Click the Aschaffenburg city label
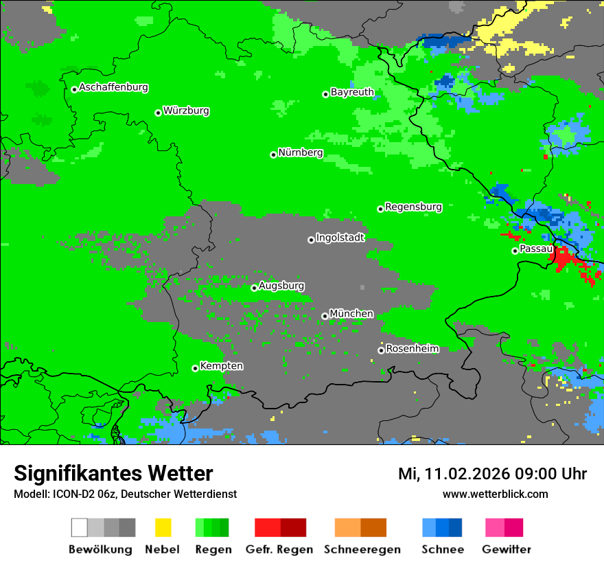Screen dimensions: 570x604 [x=113, y=88]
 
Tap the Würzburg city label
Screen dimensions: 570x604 [x=186, y=111]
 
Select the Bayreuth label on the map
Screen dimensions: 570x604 [x=352, y=92]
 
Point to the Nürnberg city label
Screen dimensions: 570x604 [x=301, y=153]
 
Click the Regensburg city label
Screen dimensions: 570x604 [x=413, y=207]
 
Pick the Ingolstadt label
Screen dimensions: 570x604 [x=340, y=238]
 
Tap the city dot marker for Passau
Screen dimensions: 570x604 [x=515, y=251]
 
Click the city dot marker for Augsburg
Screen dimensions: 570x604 [x=254, y=288]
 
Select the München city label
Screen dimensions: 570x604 [x=351, y=314]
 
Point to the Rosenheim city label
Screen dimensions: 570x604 [x=412, y=349]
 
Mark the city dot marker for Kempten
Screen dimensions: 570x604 [x=195, y=368]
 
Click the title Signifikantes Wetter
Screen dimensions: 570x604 [x=113, y=474]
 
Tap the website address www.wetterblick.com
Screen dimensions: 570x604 [x=495, y=494]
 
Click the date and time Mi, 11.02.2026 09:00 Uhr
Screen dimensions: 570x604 [x=492, y=474]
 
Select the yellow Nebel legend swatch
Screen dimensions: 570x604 [x=163, y=527]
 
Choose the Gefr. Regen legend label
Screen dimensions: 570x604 [x=279, y=549]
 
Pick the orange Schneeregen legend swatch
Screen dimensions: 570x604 [x=347, y=527]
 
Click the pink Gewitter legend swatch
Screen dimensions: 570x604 [x=495, y=527]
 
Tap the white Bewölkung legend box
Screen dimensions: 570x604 [x=80, y=527]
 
